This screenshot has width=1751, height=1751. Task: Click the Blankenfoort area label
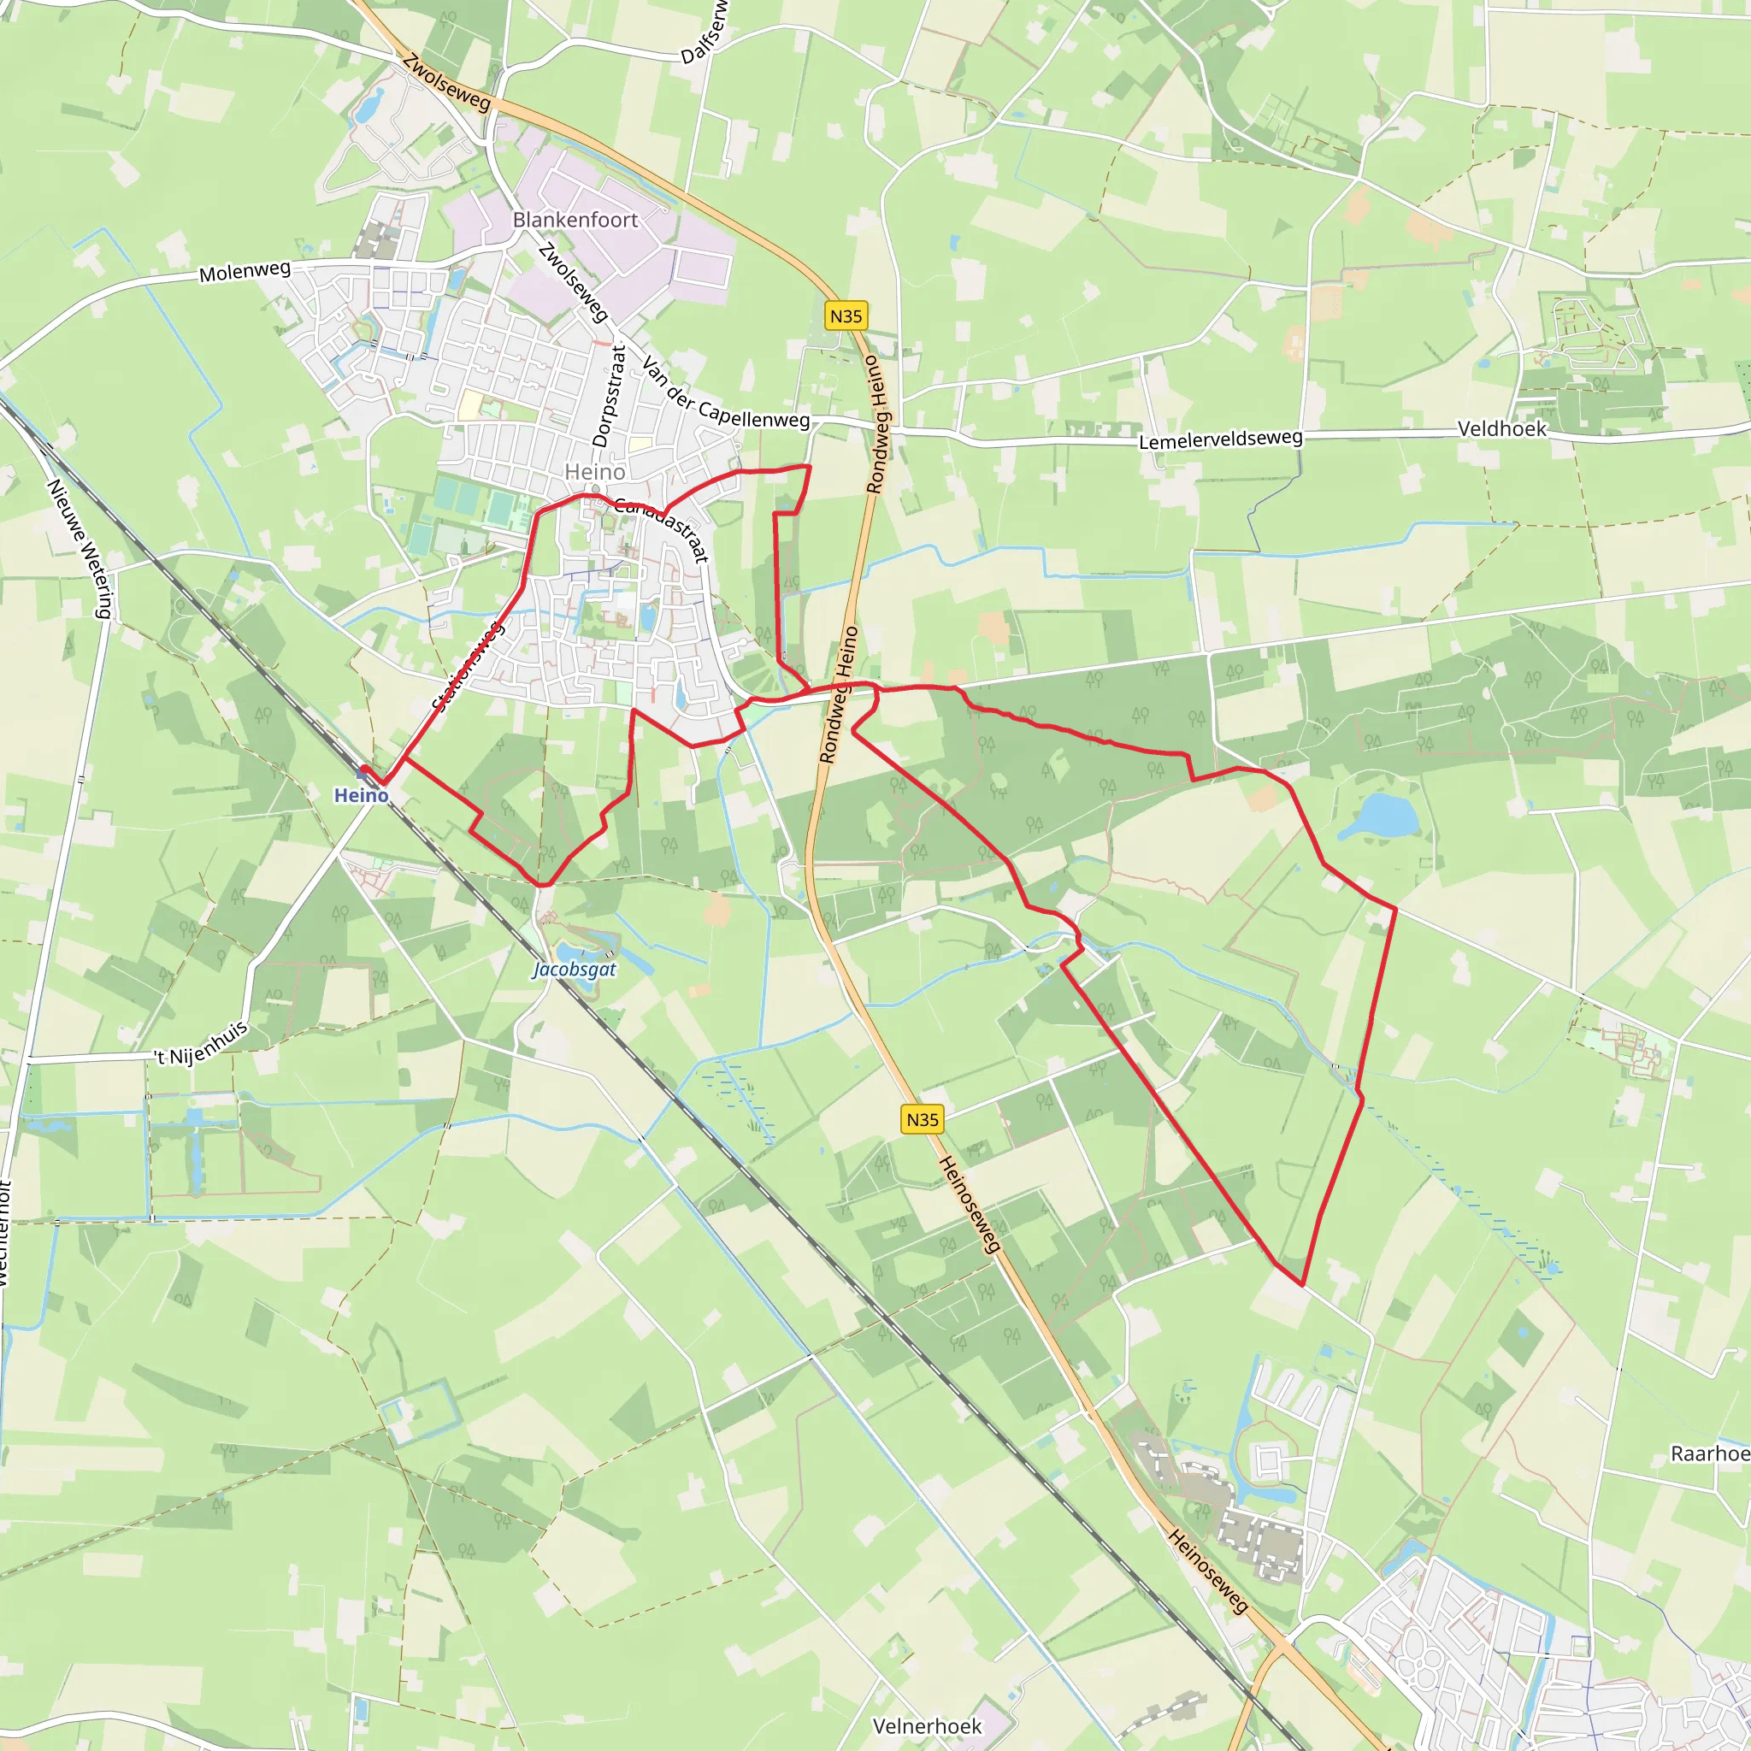click(575, 221)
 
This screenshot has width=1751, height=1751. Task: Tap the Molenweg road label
click(245, 271)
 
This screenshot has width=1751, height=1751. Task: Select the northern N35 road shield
click(846, 315)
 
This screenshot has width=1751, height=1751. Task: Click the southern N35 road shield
click(923, 1119)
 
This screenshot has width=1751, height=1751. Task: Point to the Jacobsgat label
click(575, 969)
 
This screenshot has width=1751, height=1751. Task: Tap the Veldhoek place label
click(1501, 428)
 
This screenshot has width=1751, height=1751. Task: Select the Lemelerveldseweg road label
click(1220, 440)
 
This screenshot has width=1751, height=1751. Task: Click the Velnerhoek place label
click(927, 1726)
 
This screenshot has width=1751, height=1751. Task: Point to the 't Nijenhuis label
click(200, 1045)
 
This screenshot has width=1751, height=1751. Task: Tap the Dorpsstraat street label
click(609, 396)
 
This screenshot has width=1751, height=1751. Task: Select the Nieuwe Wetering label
click(80, 548)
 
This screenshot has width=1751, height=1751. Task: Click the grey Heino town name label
click(594, 472)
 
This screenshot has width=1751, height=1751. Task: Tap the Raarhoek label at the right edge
click(1710, 1453)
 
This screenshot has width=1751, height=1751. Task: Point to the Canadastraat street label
click(662, 528)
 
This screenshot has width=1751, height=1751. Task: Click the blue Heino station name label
click(361, 796)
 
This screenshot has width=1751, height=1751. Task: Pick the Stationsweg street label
click(468, 666)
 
